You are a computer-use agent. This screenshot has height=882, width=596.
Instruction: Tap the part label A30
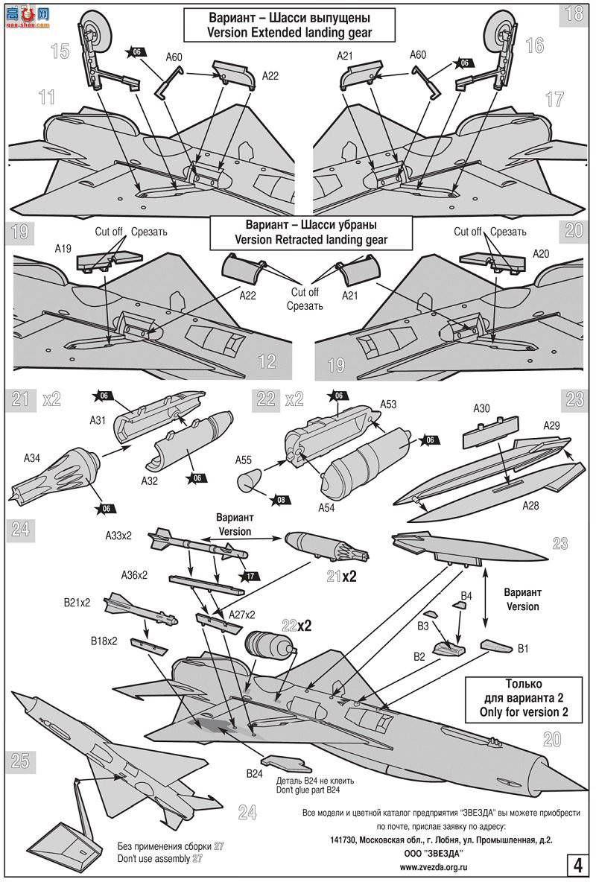coord(482,408)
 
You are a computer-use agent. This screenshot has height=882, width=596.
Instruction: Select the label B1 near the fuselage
coord(524,650)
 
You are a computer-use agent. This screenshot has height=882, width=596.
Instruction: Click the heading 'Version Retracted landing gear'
coord(311,239)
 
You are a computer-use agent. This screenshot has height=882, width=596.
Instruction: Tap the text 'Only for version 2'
coord(513,711)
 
